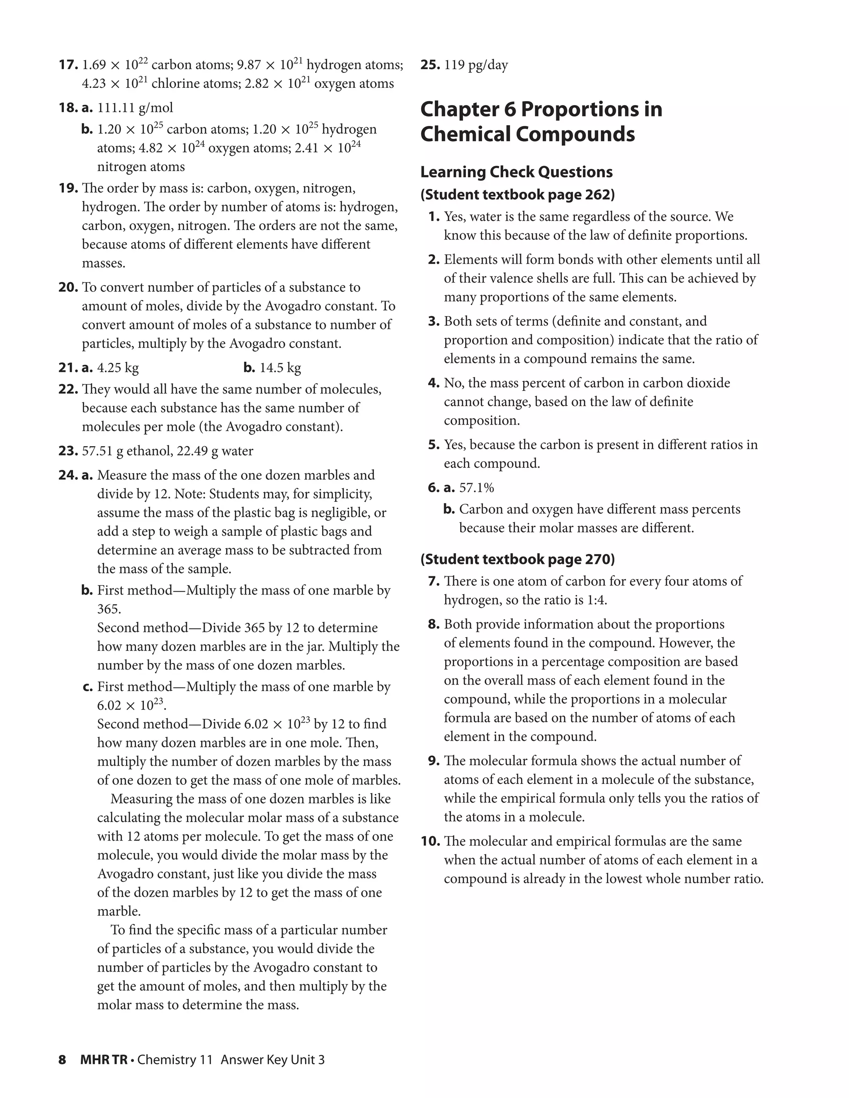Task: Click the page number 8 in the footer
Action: point(62,1059)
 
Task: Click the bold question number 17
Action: point(68,65)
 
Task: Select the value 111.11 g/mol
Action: point(135,108)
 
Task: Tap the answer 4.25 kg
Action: point(118,368)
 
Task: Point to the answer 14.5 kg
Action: point(280,368)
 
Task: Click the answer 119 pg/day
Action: point(476,65)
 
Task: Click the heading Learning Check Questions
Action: point(517,172)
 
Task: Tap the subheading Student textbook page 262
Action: point(517,195)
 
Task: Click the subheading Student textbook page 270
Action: point(517,559)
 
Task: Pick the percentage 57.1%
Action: point(476,488)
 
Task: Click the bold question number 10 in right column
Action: point(430,841)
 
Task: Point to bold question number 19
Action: point(68,188)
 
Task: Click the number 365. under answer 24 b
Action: point(109,609)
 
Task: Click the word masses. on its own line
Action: point(104,264)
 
